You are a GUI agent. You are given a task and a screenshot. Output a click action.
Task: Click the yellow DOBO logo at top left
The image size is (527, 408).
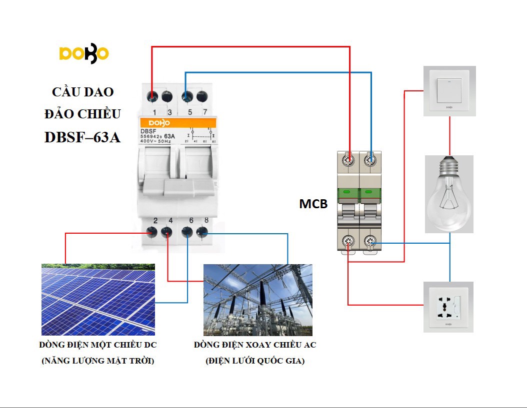[x=83, y=54]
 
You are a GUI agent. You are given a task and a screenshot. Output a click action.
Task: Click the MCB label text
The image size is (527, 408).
[x=313, y=204]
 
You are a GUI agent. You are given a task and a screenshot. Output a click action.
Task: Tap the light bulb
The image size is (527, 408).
[x=448, y=194]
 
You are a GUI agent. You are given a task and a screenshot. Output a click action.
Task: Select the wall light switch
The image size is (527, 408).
[x=449, y=91]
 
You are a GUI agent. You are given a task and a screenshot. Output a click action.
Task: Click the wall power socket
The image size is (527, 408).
[x=448, y=307]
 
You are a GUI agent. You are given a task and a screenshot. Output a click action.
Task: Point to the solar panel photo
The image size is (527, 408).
[x=98, y=300]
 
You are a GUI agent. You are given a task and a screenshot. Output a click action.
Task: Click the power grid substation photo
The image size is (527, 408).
[x=257, y=300]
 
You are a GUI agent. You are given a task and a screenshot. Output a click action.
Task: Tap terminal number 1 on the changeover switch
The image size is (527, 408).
[x=154, y=96]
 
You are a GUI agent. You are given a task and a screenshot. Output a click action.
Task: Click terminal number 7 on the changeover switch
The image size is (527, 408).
[x=202, y=96]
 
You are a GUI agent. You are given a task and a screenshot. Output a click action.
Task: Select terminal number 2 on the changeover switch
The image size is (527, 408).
[x=154, y=231]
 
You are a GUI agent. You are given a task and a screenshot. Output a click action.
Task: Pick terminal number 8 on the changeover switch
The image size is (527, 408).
[x=202, y=231]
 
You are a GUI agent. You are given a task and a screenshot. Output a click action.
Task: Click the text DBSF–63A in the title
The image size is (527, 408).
[x=82, y=137]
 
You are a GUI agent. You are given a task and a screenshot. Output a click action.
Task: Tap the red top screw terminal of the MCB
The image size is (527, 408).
[x=349, y=160]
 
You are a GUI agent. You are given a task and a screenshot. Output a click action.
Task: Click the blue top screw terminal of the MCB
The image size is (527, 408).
[x=370, y=160]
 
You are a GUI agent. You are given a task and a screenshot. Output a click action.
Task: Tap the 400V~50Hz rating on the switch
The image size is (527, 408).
[x=155, y=142]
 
